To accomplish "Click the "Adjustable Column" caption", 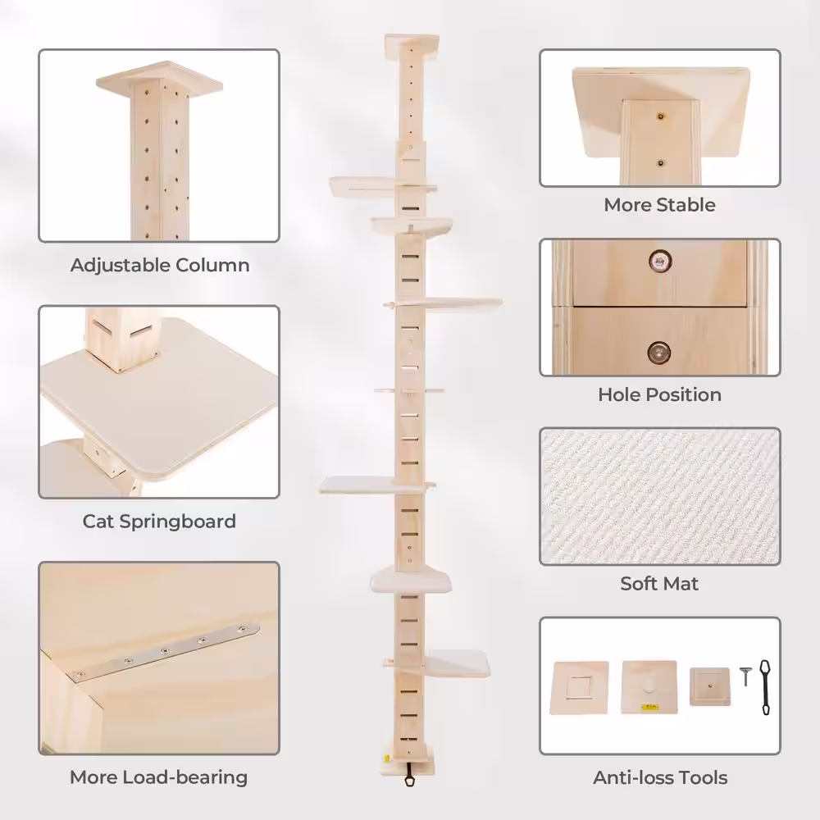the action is (x=160, y=265).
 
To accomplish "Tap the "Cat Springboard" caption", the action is (x=160, y=522).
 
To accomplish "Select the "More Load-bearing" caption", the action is (x=159, y=777).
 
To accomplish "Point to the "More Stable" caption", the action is (x=659, y=204).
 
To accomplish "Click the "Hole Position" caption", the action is (x=659, y=394).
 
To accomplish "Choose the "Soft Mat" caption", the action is (x=659, y=583).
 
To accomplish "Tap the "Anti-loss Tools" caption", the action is (x=660, y=777).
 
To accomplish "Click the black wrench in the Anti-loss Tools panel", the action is (x=765, y=686).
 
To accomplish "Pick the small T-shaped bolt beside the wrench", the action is (x=745, y=676).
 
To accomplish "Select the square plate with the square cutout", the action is (x=579, y=687).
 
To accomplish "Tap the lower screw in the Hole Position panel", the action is (x=659, y=352).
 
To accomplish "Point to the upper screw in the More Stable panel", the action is (x=660, y=116).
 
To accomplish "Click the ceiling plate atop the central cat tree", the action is (x=412, y=46).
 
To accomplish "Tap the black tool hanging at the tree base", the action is (x=409, y=775).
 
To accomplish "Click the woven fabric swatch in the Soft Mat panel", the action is (x=660, y=496).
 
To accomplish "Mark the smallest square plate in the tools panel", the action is (x=709, y=686).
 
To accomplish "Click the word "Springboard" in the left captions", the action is (x=178, y=522).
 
